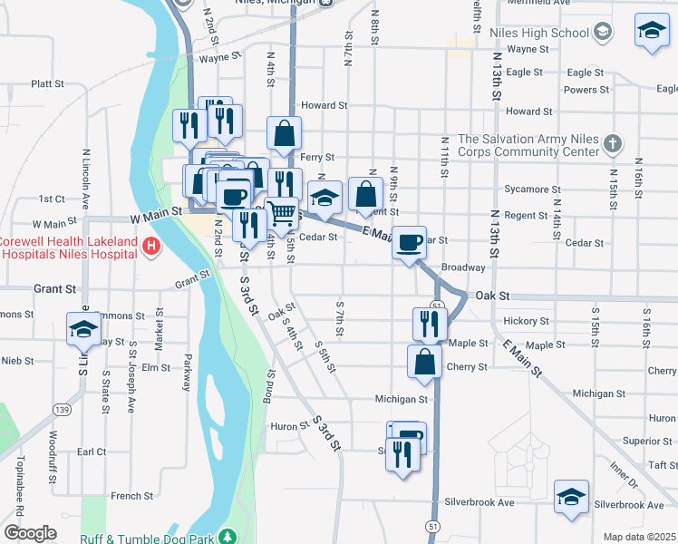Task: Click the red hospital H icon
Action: click(x=151, y=245)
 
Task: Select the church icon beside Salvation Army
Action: click(x=614, y=144)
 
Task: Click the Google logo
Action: click(x=30, y=533)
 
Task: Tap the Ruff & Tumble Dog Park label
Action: click(x=147, y=539)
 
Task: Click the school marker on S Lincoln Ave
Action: click(x=83, y=328)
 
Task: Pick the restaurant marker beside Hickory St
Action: click(x=430, y=323)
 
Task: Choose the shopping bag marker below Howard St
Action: click(x=285, y=133)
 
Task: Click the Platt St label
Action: click(x=47, y=83)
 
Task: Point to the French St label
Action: click(x=131, y=496)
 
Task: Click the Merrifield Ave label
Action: click(x=538, y=3)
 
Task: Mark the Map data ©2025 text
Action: click(x=639, y=537)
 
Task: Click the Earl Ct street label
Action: click(x=92, y=452)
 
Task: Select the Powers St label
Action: click(x=586, y=90)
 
